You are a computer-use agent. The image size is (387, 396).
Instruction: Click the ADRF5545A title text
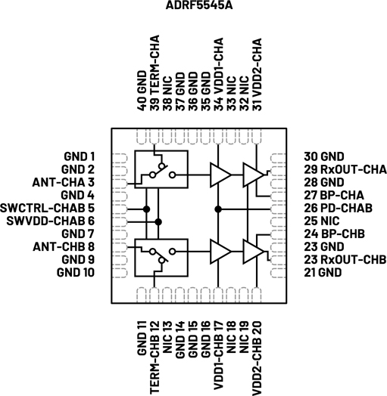(x=199, y=5)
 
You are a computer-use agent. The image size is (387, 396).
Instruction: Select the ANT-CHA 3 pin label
(x=64, y=182)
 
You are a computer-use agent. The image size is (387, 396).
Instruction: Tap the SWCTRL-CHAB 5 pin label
(x=47, y=208)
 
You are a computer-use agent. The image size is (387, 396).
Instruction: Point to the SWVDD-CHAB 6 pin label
(x=51, y=221)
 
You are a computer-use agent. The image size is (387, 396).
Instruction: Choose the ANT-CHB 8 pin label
(x=64, y=246)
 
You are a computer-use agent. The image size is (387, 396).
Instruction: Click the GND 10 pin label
(x=76, y=273)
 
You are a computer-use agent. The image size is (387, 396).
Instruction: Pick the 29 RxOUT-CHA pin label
(x=345, y=169)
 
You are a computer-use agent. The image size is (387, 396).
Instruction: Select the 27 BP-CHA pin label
(x=334, y=195)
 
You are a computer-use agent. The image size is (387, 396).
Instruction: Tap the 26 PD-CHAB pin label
(x=338, y=208)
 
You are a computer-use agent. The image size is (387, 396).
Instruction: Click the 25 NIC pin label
(x=321, y=221)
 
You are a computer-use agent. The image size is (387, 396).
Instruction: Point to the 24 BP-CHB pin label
(x=334, y=234)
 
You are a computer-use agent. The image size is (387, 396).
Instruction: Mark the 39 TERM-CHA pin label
(x=154, y=73)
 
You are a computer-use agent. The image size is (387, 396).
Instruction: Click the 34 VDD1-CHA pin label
(x=218, y=75)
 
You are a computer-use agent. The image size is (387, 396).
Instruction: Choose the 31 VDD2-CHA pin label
(x=257, y=75)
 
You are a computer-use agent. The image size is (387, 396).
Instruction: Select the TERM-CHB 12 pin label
(x=154, y=357)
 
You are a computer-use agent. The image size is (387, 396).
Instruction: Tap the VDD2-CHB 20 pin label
(x=257, y=358)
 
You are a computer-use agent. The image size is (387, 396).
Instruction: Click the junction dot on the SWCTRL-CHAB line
(x=146, y=209)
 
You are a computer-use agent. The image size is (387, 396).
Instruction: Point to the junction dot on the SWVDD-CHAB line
(x=158, y=222)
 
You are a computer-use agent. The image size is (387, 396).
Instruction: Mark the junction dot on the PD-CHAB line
(x=218, y=209)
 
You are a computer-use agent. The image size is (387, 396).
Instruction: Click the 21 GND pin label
(x=323, y=273)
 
